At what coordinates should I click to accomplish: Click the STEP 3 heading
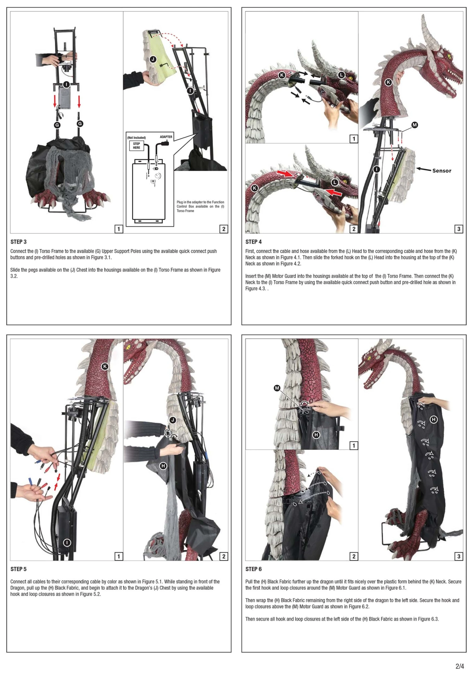(x=19, y=242)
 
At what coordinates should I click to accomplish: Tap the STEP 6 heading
(x=254, y=569)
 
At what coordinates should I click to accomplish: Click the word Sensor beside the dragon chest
(x=442, y=171)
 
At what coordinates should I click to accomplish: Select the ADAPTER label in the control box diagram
(x=166, y=137)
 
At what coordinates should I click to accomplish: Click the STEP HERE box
(x=137, y=146)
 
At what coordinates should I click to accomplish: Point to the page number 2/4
(x=460, y=666)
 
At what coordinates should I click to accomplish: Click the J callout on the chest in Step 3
(x=153, y=59)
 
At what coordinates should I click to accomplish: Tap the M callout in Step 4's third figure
(x=415, y=125)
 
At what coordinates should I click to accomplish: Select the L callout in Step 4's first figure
(x=341, y=75)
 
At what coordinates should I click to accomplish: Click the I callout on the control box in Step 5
(x=67, y=542)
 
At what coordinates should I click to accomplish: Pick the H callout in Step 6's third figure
(x=434, y=420)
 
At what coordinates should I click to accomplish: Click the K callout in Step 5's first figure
(x=105, y=366)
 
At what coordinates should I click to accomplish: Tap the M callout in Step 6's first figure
(x=277, y=388)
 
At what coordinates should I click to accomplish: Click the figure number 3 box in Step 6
(x=459, y=556)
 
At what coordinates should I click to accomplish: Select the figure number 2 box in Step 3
(x=224, y=229)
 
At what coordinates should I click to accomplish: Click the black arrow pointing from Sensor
(x=423, y=169)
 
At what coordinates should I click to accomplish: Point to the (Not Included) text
(x=137, y=138)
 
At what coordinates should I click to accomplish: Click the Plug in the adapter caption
(x=200, y=206)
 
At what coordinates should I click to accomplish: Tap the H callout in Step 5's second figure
(x=163, y=466)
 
